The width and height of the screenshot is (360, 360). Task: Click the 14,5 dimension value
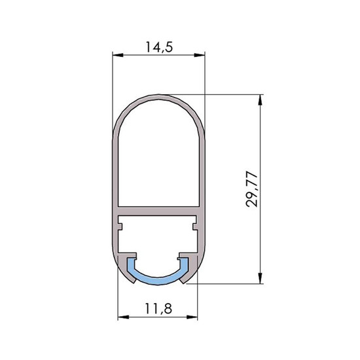pyautogui.click(x=159, y=47)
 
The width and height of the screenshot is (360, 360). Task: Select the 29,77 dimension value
pyautogui.click(x=252, y=189)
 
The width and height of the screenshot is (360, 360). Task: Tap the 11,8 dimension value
pyautogui.click(x=158, y=308)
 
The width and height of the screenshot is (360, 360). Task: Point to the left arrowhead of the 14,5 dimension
pyautogui.click(x=118, y=55)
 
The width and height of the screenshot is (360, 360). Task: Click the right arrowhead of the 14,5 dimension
pyautogui.click(x=200, y=55)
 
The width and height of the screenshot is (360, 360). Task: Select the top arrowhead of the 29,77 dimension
pyautogui.click(x=260, y=99)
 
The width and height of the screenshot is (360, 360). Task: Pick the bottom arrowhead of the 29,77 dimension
pyautogui.click(x=260, y=278)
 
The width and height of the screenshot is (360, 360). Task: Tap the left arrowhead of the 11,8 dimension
pyautogui.click(x=123, y=317)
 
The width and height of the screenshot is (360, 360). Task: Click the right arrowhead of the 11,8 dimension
pyautogui.click(x=192, y=317)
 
